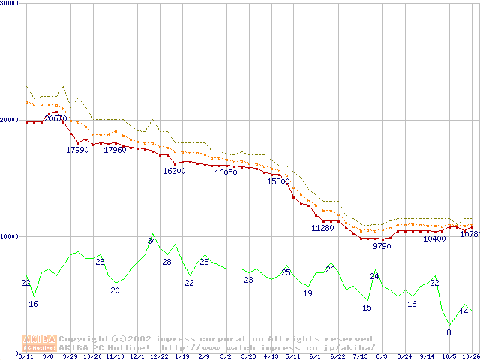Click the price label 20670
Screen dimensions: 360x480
[x=55, y=118]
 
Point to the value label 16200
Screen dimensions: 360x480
[x=174, y=171]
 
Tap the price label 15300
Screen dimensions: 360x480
[x=278, y=181]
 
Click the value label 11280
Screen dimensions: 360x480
[x=322, y=228]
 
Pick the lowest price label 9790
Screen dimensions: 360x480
[x=382, y=245]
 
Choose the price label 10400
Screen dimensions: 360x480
[x=434, y=238]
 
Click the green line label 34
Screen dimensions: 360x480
[x=151, y=241]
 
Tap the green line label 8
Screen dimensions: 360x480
[x=449, y=331]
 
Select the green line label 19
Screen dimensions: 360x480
[x=307, y=293]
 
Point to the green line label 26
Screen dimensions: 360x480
[x=330, y=269]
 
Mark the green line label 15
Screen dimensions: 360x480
[x=367, y=307]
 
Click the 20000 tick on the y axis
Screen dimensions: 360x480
[x=9, y=119]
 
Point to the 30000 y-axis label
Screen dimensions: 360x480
[x=9, y=3]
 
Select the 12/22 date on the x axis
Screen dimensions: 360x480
[x=159, y=356]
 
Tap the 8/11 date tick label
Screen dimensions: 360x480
[x=25, y=356]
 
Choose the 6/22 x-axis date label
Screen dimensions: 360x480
[x=337, y=356]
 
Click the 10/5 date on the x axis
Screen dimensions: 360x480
[x=448, y=356]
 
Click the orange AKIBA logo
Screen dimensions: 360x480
[x=39, y=342]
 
